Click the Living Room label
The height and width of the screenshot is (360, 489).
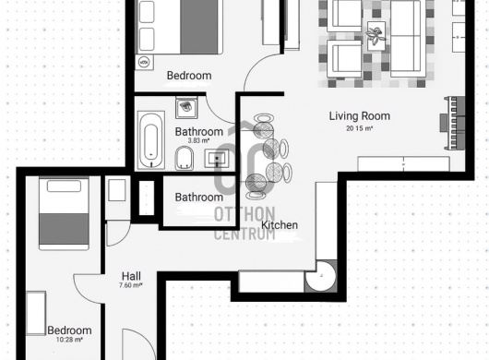click(x=360, y=116)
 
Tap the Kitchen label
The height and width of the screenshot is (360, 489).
click(x=280, y=225)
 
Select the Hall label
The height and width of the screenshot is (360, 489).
click(x=131, y=276)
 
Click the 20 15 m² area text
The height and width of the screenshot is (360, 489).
click(x=360, y=128)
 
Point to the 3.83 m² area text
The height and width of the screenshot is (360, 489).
click(x=198, y=140)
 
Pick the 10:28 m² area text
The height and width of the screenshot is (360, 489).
click(x=69, y=340)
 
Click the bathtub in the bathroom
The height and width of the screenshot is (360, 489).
click(x=151, y=140)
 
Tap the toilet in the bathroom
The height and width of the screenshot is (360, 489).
click(x=185, y=158)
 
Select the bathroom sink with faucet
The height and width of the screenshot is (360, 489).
click(x=217, y=159)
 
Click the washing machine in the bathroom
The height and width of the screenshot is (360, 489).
click(x=186, y=107)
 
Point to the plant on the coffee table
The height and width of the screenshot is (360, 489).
click(x=376, y=35)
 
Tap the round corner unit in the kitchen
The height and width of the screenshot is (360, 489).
click(x=321, y=276)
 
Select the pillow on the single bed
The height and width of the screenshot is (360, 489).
click(x=64, y=186)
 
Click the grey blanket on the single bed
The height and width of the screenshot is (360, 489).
click(x=64, y=229)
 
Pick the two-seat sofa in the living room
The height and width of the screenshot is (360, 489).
click(x=408, y=38)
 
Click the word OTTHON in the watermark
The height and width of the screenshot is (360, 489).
click(x=244, y=214)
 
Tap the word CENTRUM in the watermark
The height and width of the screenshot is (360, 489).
click(x=244, y=234)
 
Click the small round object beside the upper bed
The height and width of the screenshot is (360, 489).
click(x=144, y=62)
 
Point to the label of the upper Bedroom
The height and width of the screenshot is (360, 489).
click(x=189, y=76)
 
